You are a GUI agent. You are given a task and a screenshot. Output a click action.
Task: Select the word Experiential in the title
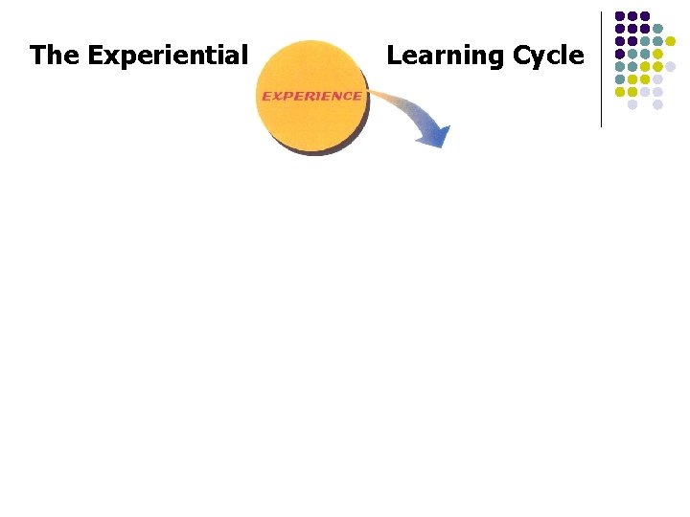168,56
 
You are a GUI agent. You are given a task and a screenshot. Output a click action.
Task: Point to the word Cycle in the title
548,56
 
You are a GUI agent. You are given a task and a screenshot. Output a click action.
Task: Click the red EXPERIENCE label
311,96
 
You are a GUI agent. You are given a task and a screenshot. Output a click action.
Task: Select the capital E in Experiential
95,56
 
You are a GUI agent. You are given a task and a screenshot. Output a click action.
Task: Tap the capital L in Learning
392,56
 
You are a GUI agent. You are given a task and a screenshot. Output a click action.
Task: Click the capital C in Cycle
523,56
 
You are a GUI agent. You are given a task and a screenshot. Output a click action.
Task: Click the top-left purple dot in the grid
620,16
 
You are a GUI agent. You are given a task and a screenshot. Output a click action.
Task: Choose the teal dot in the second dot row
657,29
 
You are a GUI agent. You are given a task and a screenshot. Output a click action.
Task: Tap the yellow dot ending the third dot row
671,41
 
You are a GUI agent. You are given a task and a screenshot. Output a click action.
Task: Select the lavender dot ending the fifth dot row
671,67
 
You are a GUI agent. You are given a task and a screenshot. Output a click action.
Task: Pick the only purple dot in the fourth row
620,55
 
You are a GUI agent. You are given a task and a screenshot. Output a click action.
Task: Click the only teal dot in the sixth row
620,79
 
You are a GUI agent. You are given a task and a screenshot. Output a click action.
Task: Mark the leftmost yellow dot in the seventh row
620,92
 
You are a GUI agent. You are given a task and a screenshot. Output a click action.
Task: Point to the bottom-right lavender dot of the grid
657,105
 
